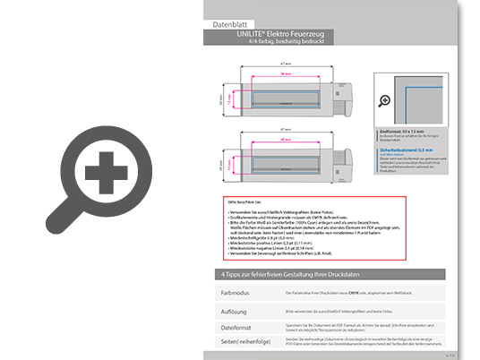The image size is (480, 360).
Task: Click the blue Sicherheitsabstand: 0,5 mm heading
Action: [x=405, y=150]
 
